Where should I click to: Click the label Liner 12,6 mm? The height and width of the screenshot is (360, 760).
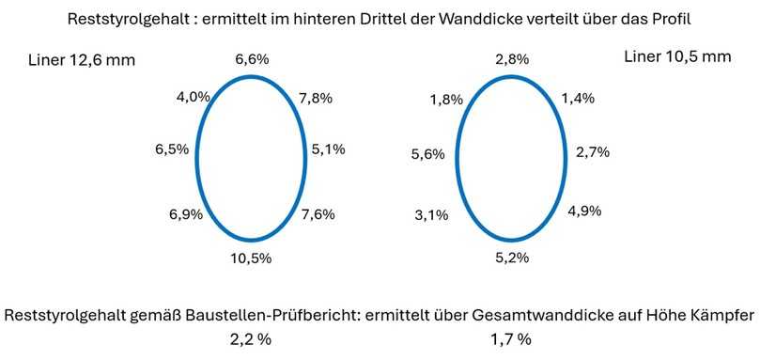pyautogui.click(x=82, y=61)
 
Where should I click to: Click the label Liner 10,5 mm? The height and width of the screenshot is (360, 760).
pyautogui.click(x=676, y=57)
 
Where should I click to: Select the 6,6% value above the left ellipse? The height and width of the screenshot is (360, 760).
pyautogui.click(x=252, y=59)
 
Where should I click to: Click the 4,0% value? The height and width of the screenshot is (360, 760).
pyautogui.click(x=193, y=96)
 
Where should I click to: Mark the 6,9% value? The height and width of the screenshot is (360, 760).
pyautogui.click(x=186, y=215)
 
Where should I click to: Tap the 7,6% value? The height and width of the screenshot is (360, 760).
pyautogui.click(x=318, y=215)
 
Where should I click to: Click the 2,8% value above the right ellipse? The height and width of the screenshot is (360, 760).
pyautogui.click(x=512, y=59)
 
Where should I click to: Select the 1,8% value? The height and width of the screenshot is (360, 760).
pyautogui.click(x=447, y=100)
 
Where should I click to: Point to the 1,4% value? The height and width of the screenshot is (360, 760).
pyautogui.click(x=578, y=98)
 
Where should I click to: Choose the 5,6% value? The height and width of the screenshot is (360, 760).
pyautogui.click(x=427, y=155)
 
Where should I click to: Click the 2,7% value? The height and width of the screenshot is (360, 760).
pyautogui.click(x=595, y=150)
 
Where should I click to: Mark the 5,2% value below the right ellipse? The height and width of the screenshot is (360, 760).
pyautogui.click(x=512, y=257)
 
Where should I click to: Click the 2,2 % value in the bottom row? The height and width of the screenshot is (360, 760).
pyautogui.click(x=251, y=338)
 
